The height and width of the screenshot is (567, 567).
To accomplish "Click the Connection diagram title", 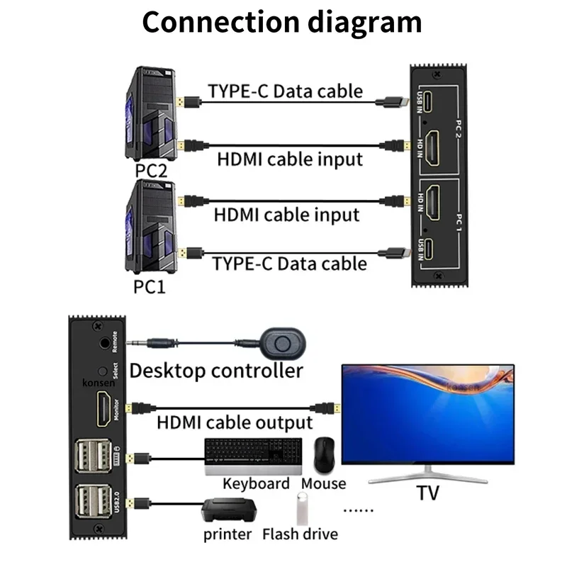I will point(282,23).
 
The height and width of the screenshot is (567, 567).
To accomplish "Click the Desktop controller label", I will point(216,370).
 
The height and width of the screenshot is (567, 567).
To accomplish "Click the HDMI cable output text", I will point(234,423).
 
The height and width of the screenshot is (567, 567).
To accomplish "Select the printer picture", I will point(228,510).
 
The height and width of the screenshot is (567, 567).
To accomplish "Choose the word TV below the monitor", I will point(427,494).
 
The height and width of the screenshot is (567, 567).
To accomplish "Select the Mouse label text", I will point(324,484).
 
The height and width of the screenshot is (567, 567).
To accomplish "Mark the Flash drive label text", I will point(300,534).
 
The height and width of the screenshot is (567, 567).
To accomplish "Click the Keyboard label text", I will point(256,484).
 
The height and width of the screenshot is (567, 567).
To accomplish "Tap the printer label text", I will point(228,534).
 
